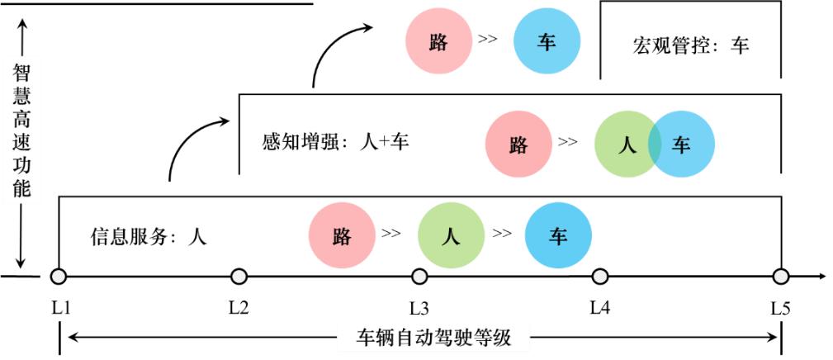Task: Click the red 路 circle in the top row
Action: point(438,41)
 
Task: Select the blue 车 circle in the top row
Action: point(547,41)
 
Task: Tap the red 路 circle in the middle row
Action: point(518,144)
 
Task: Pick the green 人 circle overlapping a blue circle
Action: point(624,144)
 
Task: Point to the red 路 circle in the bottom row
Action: point(342,235)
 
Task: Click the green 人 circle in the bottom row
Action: point(451,235)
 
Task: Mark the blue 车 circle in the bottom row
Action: point(558,235)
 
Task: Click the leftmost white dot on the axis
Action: point(58,277)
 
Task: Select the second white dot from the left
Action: point(239,277)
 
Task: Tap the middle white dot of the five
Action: point(419,277)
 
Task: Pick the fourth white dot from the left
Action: point(600,277)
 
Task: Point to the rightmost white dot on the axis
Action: point(781,277)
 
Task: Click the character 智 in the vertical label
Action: point(22,73)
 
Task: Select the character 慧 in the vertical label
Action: point(22,97)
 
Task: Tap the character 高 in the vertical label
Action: point(22,121)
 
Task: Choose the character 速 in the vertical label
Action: point(22,144)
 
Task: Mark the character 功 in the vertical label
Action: point(22,168)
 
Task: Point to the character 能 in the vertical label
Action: point(22,191)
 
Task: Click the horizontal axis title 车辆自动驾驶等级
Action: point(433,338)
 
